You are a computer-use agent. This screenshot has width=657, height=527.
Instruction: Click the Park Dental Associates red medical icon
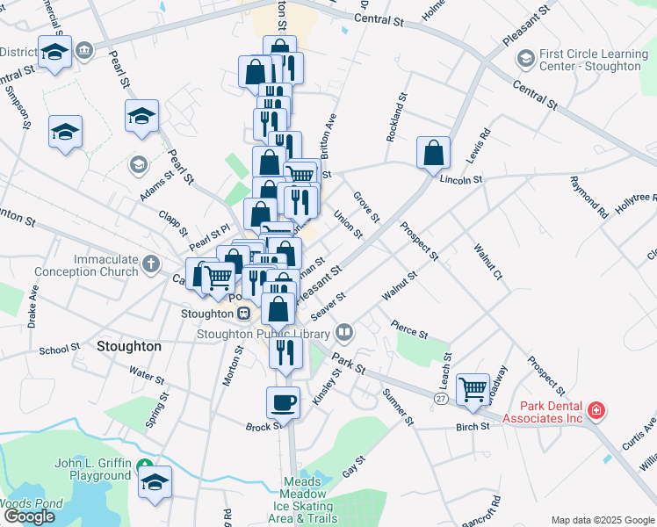coord(596,410)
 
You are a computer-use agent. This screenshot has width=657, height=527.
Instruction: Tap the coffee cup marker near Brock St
coord(283,402)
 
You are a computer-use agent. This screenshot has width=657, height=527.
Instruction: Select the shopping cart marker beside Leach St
coord(473,387)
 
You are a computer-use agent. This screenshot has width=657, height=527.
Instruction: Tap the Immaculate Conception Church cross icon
coord(151,263)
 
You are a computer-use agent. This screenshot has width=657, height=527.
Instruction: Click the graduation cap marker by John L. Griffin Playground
coord(155,480)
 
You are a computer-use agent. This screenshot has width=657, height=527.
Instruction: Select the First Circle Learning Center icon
coord(525,59)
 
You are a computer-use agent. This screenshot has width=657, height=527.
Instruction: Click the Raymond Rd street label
coord(588,197)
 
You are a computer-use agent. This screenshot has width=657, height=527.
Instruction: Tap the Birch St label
coord(472,426)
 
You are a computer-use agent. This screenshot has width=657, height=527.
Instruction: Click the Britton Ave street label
coord(328,134)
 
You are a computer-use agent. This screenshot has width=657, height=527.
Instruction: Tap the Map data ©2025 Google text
coord(602,520)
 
